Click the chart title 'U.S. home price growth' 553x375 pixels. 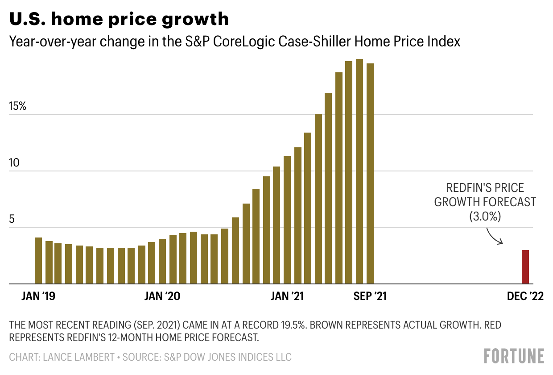[x=119, y=19]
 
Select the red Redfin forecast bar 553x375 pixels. [x=525, y=267]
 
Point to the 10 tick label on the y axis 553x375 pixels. [x=15, y=163]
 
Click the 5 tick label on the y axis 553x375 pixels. [x=12, y=220]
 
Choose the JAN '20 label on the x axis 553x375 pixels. [x=163, y=296]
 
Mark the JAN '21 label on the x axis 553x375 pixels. [x=288, y=296]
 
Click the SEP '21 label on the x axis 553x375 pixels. [x=370, y=296]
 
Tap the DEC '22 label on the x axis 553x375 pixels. [x=525, y=296]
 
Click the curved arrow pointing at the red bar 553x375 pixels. [x=494, y=236]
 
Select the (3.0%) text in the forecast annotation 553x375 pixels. [x=485, y=217]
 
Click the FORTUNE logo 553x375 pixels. [x=514, y=356]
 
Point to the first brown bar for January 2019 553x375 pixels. [x=38, y=261]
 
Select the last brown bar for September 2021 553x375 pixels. [x=370, y=174]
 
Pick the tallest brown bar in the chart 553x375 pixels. [x=359, y=171]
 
